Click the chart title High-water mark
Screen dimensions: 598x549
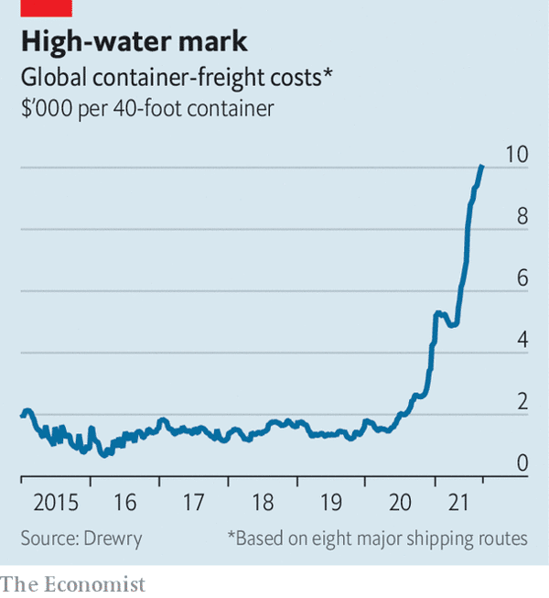click(135, 42)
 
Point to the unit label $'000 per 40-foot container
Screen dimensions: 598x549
click(147, 109)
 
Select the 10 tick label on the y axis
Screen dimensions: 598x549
click(517, 154)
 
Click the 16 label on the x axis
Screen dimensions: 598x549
click(124, 503)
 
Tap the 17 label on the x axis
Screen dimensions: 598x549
click(193, 503)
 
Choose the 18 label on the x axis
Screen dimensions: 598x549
click(263, 503)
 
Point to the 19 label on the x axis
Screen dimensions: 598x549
click(331, 503)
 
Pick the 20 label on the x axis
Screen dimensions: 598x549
click(401, 503)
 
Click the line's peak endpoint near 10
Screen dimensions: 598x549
click(482, 167)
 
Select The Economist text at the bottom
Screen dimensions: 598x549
click(72, 583)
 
